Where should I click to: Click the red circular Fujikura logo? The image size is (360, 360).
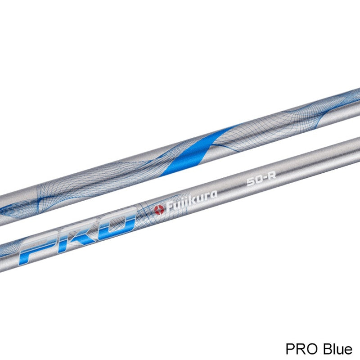pos(159,210)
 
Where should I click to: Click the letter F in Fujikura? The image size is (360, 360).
pos(170,207)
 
